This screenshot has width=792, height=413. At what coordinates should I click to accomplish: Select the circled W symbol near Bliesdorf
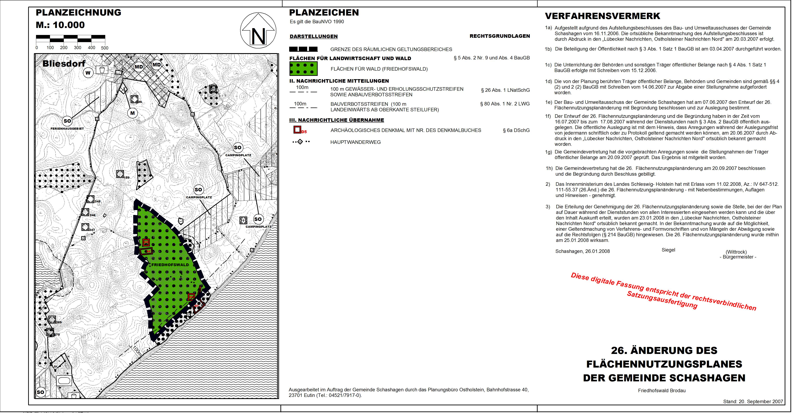[x=88, y=73]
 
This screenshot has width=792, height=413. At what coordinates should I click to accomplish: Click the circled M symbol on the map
[x=133, y=113]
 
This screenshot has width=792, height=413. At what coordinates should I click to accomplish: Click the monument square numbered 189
[x=120, y=174]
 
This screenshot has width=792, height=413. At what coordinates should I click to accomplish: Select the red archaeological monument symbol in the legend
[x=297, y=130]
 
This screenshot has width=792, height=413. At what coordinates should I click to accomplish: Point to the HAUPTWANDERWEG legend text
[x=355, y=142]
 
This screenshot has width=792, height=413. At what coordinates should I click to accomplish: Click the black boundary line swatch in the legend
[x=304, y=49]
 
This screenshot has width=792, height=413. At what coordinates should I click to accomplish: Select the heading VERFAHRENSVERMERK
[x=603, y=16]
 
